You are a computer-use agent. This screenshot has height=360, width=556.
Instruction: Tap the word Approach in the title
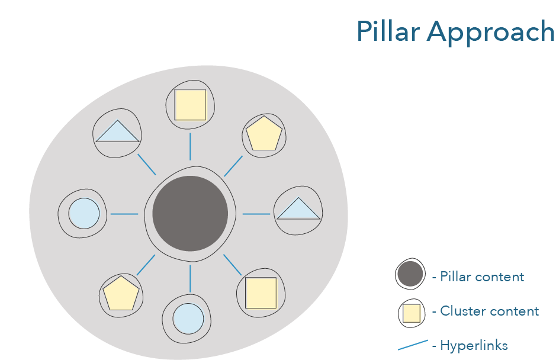pos(491,33)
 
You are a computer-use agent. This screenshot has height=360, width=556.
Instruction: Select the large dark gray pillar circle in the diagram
pos(190,214)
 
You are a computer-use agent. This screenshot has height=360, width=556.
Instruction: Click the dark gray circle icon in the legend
pos(410,275)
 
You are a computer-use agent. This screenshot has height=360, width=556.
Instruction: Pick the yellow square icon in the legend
pos(412,313)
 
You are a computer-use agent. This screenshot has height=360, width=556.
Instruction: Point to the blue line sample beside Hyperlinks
pos(413,345)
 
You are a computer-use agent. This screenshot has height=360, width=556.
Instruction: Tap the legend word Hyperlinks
pos(474,346)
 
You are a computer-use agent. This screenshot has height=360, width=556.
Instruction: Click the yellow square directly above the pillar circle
pos(190,105)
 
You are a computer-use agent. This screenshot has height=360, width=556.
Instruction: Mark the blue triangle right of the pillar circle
pos(298,209)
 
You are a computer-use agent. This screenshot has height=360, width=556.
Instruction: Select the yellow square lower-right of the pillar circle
pos(261,292)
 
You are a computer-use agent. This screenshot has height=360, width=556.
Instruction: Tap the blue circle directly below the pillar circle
pos(188,319)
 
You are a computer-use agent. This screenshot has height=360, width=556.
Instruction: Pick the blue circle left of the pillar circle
pos(83,214)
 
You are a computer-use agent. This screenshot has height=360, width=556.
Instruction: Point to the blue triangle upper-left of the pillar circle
pos(117,132)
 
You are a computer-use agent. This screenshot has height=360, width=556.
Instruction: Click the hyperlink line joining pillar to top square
pos(190,147)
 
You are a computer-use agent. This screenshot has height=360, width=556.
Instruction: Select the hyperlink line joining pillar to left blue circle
pos(124,214)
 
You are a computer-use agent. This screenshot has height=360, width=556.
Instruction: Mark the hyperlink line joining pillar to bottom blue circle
pos(190,278)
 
